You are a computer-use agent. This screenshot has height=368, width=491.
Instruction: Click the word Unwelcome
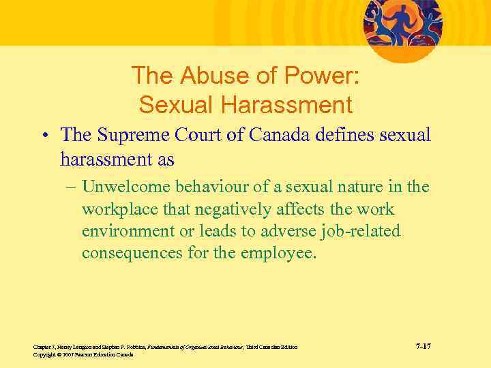pyautogui.click(x=127, y=186)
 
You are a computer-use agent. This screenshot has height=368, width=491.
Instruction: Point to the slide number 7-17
pyautogui.click(x=423, y=347)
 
